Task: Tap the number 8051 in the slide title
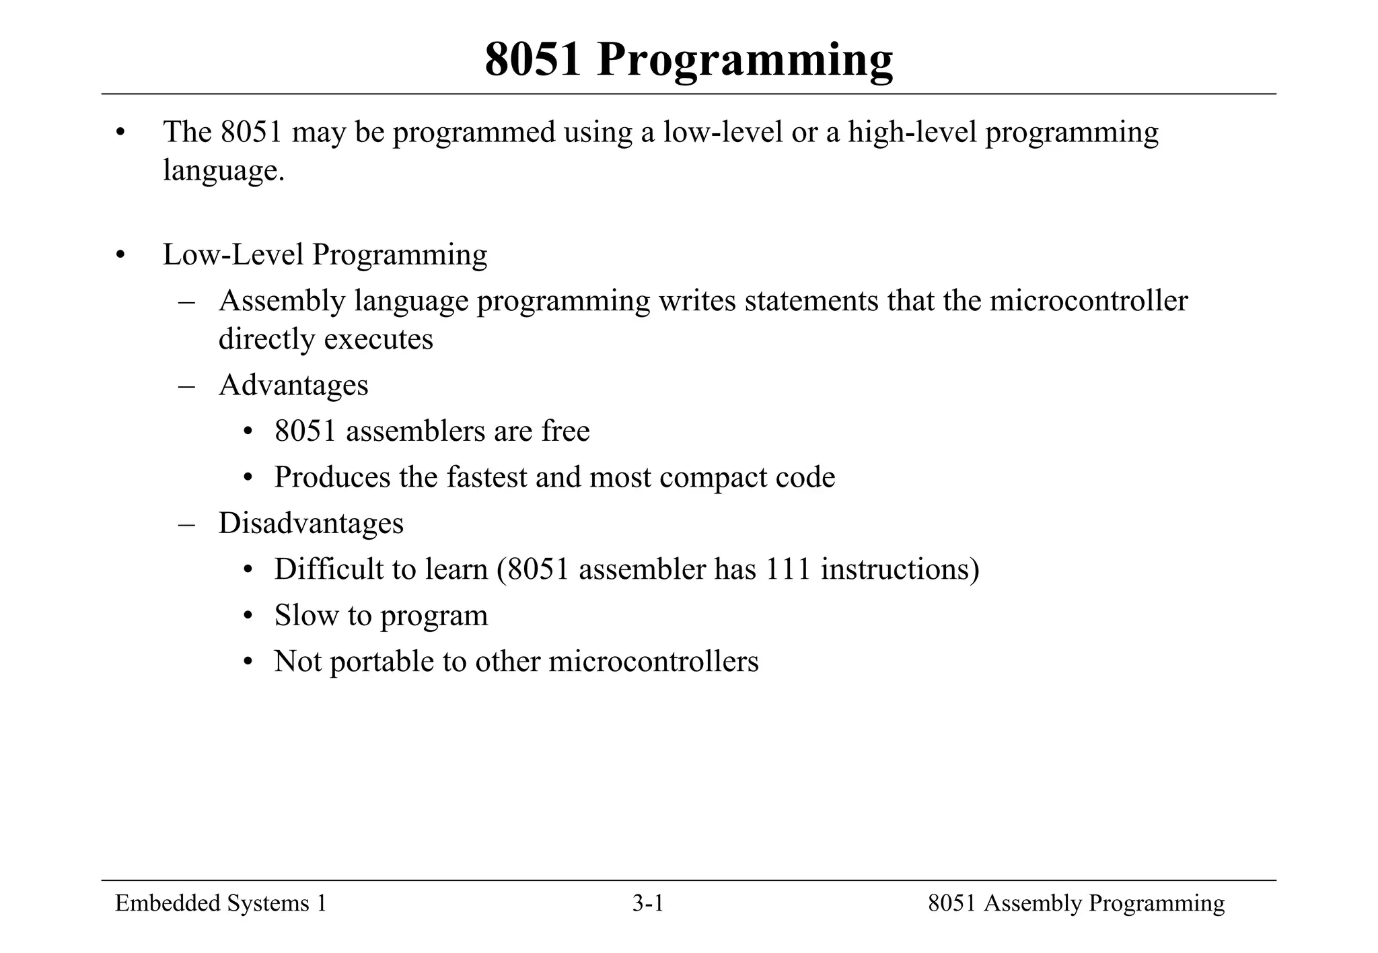click(533, 60)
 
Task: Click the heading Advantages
click(293, 386)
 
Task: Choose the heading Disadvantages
click(311, 524)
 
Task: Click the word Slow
click(306, 616)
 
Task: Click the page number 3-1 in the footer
click(648, 904)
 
